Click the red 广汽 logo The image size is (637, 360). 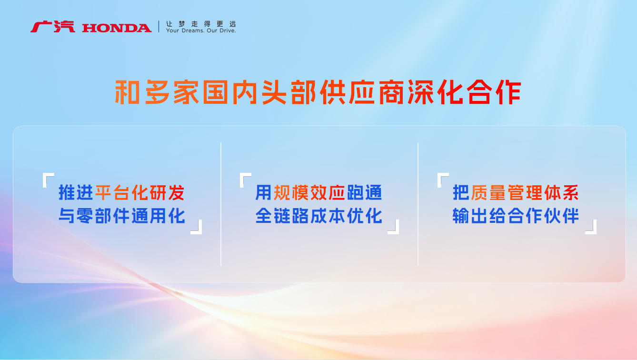53,27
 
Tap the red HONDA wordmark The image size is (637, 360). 117,28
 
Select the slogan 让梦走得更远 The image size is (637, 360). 201,24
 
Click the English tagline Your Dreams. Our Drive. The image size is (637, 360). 201,30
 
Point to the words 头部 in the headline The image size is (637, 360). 289,92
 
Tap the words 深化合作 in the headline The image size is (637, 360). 464,92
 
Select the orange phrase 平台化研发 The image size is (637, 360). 140,193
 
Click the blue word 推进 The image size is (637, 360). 76,193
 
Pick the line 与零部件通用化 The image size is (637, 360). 122,216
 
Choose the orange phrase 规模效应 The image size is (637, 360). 309,193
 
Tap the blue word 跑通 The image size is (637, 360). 365,193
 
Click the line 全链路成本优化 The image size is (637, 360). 318,216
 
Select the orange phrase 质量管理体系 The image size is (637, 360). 525,193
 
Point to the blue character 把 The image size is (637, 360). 461,193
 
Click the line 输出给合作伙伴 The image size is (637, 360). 516,216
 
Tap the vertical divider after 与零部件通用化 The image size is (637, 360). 221,204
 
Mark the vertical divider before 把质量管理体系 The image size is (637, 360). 418,204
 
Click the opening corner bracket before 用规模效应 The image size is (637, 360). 241,179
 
